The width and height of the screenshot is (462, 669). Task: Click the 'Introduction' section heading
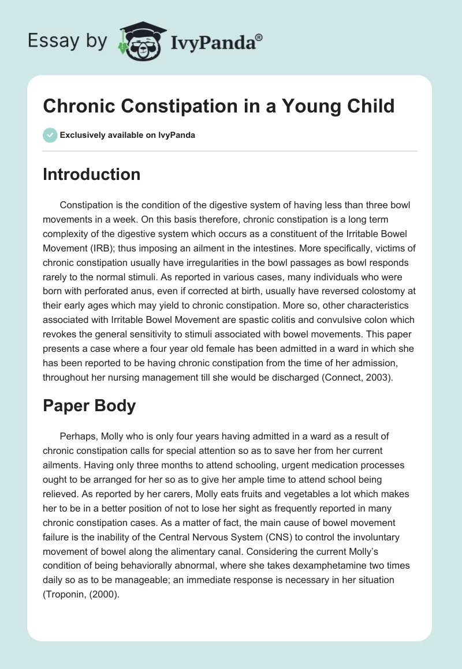91,174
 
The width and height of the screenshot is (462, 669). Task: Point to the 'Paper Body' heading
89,405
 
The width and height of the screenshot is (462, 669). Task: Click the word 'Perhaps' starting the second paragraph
76,437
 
